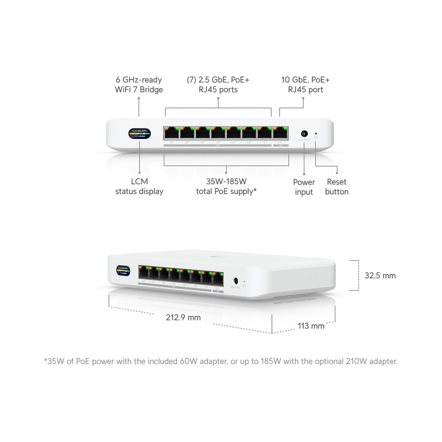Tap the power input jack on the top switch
304,134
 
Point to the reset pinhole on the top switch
316,133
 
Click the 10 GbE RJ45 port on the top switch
280,133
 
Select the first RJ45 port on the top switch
172,133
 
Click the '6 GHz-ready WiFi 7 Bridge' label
139,85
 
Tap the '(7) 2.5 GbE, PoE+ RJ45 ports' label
218,85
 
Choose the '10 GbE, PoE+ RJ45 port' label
305,85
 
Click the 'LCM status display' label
139,186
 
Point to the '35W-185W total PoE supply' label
226,186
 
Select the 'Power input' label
304,187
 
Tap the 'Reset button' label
337,187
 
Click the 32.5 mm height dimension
380,276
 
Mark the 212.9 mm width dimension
183,318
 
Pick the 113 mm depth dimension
311,326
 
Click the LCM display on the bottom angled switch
123,270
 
